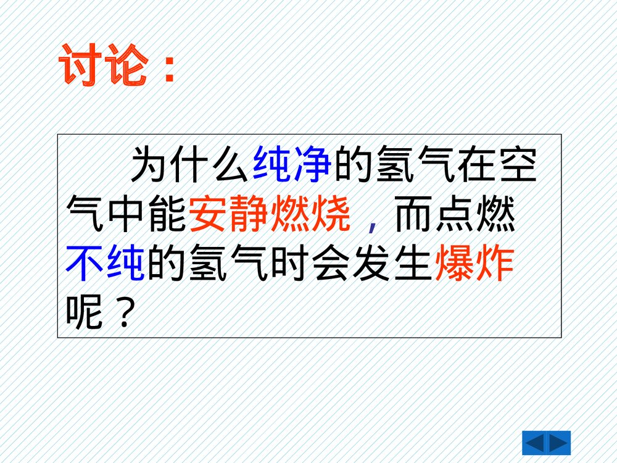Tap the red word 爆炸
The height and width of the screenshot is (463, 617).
coord(474,264)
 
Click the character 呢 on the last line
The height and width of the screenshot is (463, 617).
coord(84,314)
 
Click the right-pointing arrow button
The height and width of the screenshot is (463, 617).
coord(559,443)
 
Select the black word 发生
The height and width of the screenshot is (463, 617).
coord(392,264)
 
